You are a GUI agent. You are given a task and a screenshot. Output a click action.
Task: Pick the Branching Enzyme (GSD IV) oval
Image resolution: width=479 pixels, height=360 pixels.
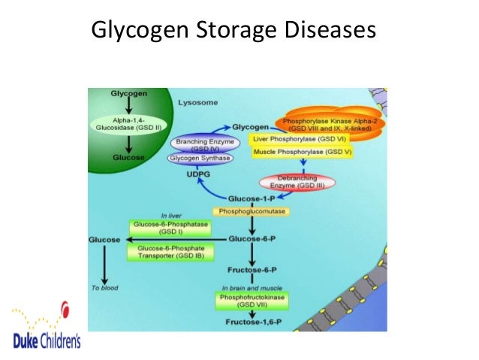point(201,144)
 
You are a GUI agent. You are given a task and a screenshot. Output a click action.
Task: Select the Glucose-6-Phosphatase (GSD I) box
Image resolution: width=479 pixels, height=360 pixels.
point(170,228)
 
